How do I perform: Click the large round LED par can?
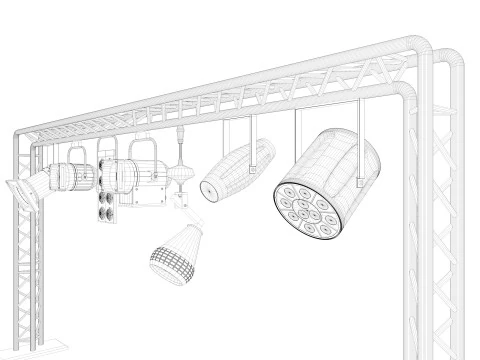point(330,175)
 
